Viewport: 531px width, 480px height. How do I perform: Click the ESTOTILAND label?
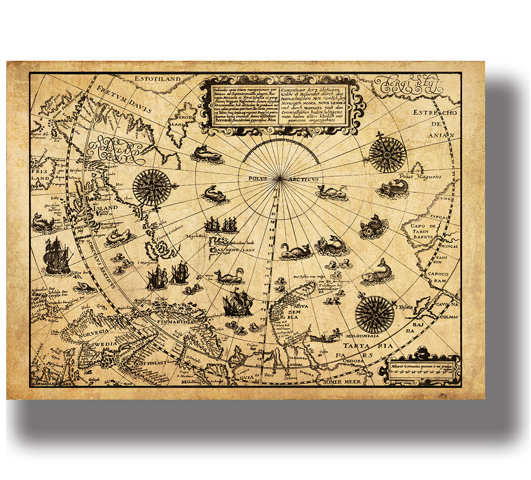[157, 78]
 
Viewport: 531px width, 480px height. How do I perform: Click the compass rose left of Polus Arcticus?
[152, 186]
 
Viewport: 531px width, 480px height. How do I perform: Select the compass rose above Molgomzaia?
[375, 314]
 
